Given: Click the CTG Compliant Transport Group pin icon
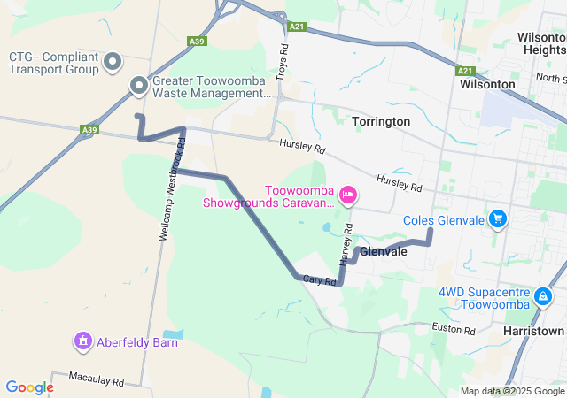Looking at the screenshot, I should [x=113, y=61].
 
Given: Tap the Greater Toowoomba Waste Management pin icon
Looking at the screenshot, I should [x=139, y=86].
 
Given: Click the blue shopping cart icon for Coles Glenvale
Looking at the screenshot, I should [x=498, y=218].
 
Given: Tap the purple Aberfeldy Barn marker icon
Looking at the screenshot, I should [x=83, y=340].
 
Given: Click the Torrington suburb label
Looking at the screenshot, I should [x=381, y=120].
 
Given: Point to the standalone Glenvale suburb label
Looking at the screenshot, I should [x=384, y=252].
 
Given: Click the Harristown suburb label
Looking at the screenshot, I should [x=532, y=331].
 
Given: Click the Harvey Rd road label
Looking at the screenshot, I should [x=346, y=244].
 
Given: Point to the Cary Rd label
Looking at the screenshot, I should [x=318, y=279].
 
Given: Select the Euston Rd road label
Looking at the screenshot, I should [x=454, y=330].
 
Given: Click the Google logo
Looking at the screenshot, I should [x=29, y=387].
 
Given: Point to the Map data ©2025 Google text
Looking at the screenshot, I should [x=512, y=391].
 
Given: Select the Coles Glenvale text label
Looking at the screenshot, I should [x=444, y=220].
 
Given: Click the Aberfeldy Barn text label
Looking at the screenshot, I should [x=129, y=340].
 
